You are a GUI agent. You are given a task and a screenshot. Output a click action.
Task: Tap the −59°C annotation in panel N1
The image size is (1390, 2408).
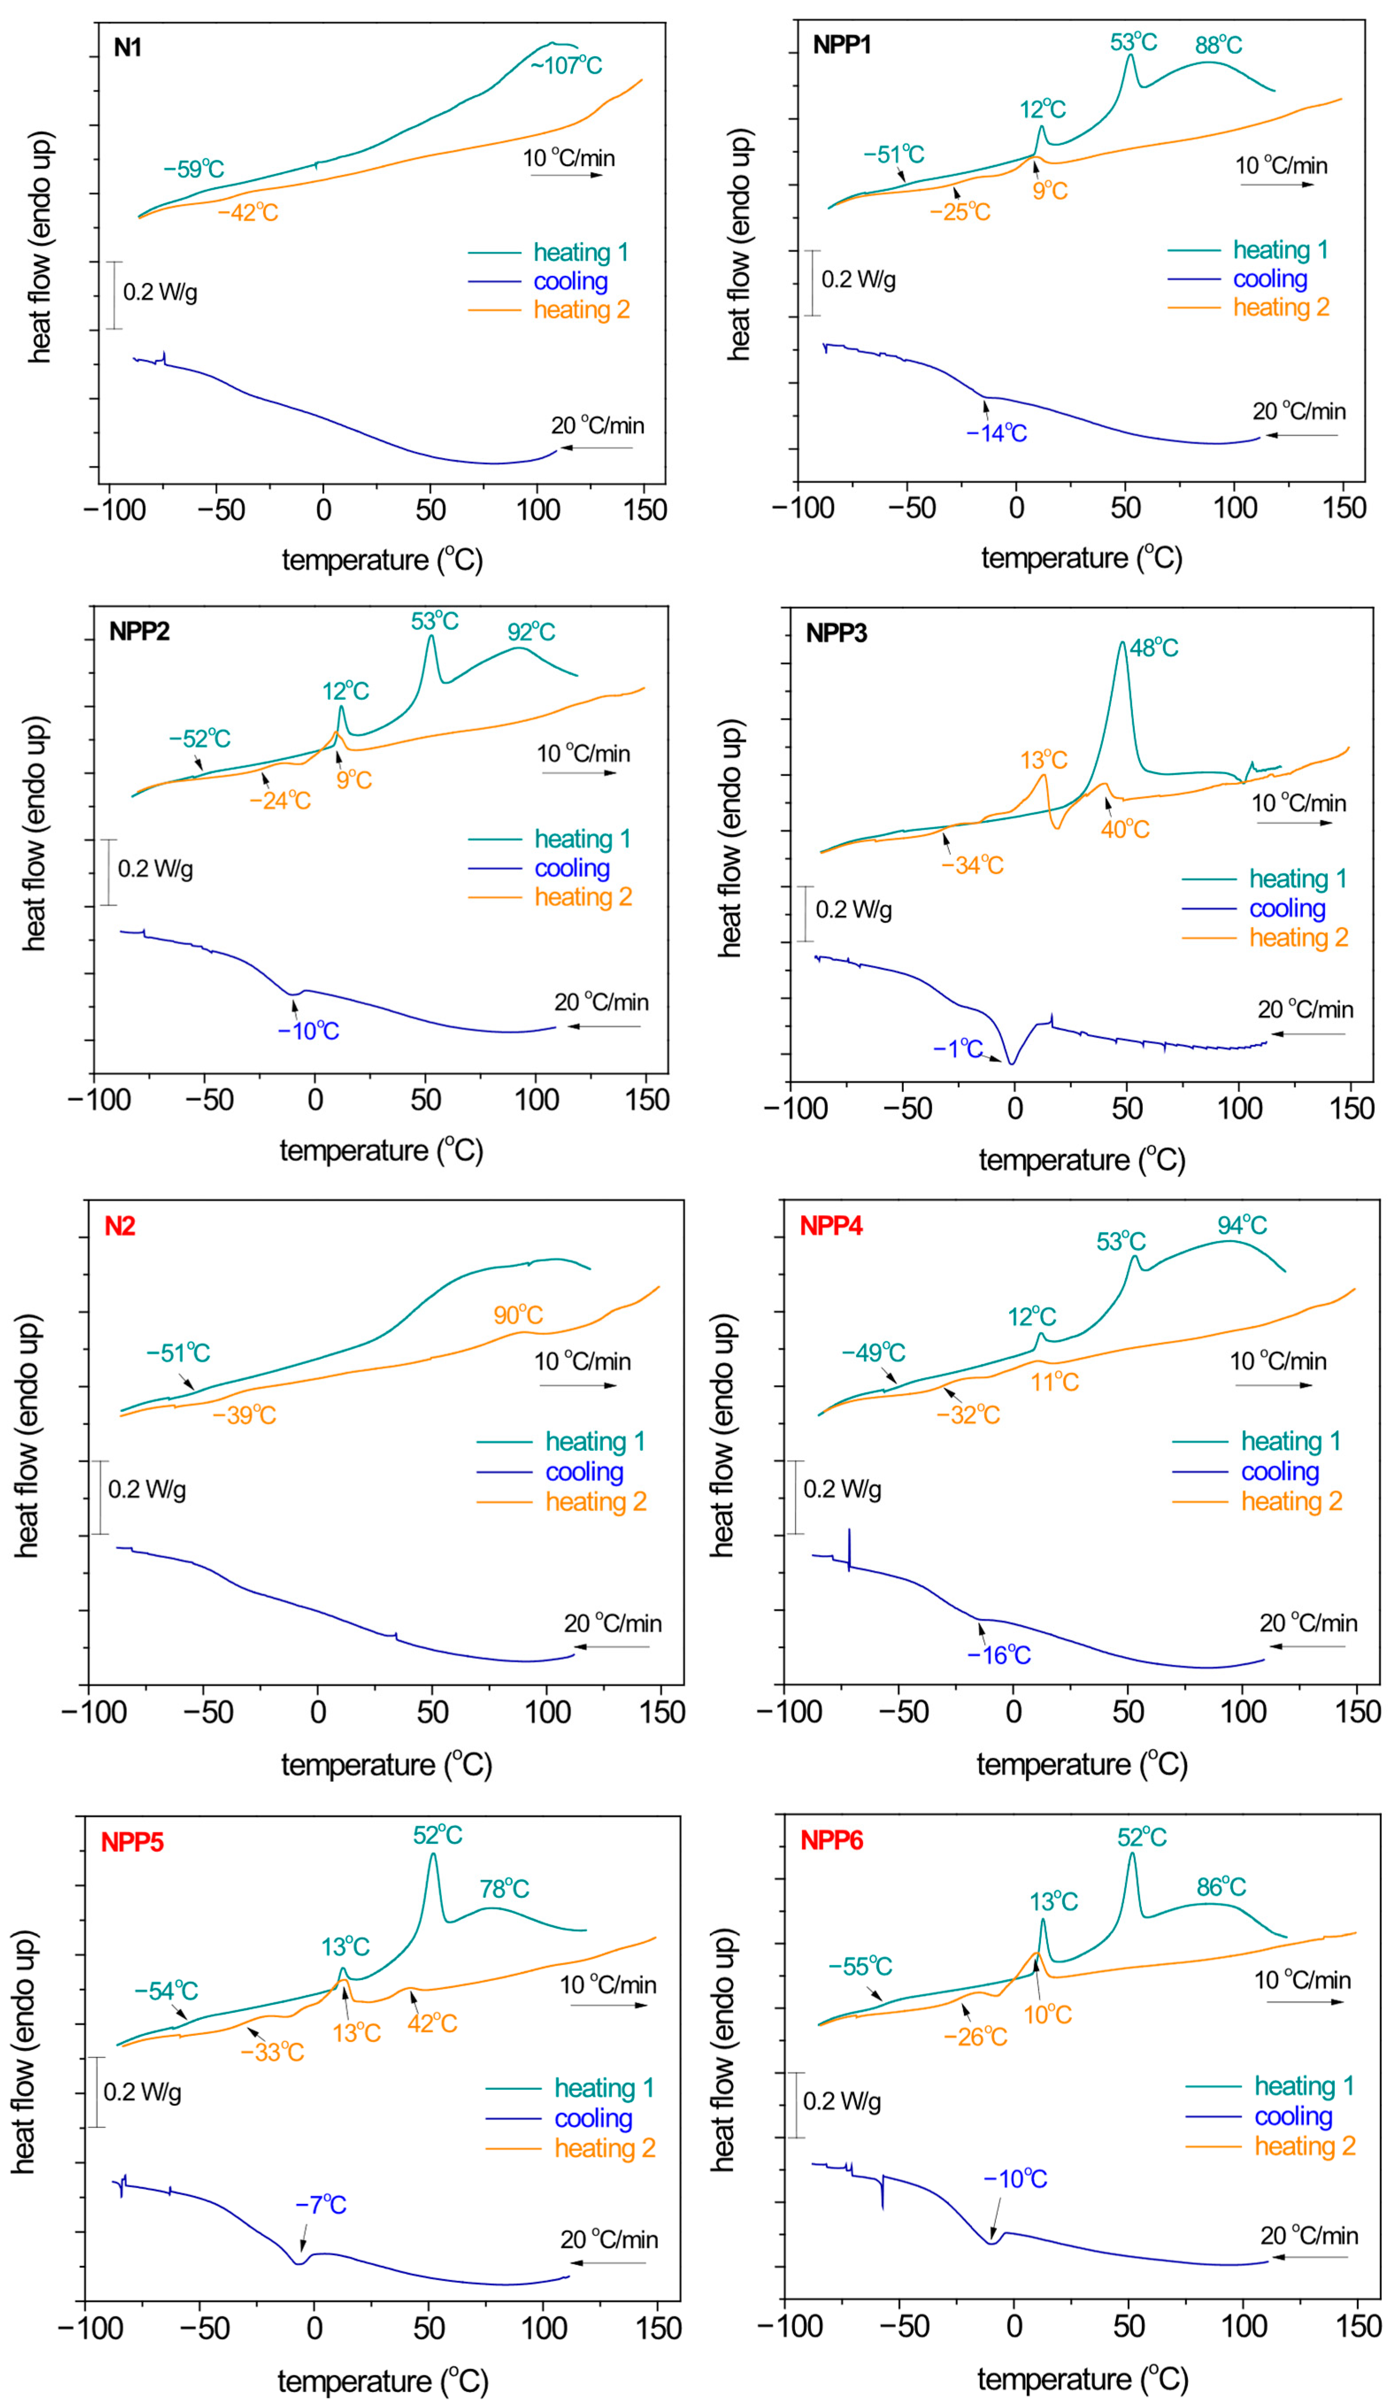[194, 169]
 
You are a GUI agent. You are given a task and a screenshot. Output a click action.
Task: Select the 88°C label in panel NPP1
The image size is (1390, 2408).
[1219, 45]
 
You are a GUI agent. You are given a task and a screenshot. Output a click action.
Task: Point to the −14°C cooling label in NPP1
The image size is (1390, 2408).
[997, 434]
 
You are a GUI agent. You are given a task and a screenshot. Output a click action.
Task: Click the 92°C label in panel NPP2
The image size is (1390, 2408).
[532, 631]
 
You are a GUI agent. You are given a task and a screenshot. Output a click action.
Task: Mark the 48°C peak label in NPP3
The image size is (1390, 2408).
[1154, 647]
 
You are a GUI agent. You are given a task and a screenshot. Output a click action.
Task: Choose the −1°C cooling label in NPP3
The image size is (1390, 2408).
[959, 1048]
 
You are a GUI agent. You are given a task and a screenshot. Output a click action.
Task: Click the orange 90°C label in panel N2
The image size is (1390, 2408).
[518, 1315]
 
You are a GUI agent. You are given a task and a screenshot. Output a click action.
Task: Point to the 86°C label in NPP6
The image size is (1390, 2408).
[1221, 1886]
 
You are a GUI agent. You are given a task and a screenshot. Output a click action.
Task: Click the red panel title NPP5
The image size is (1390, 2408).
[133, 1842]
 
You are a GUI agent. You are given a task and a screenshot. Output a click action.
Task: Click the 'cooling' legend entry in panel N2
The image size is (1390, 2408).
[584, 1471]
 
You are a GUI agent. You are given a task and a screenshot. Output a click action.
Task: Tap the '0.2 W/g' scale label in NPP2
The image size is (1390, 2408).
[156, 869]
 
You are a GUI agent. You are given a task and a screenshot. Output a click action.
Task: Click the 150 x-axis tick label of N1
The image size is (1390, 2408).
[645, 510]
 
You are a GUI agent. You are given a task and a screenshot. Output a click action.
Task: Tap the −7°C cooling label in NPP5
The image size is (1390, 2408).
[321, 2204]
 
